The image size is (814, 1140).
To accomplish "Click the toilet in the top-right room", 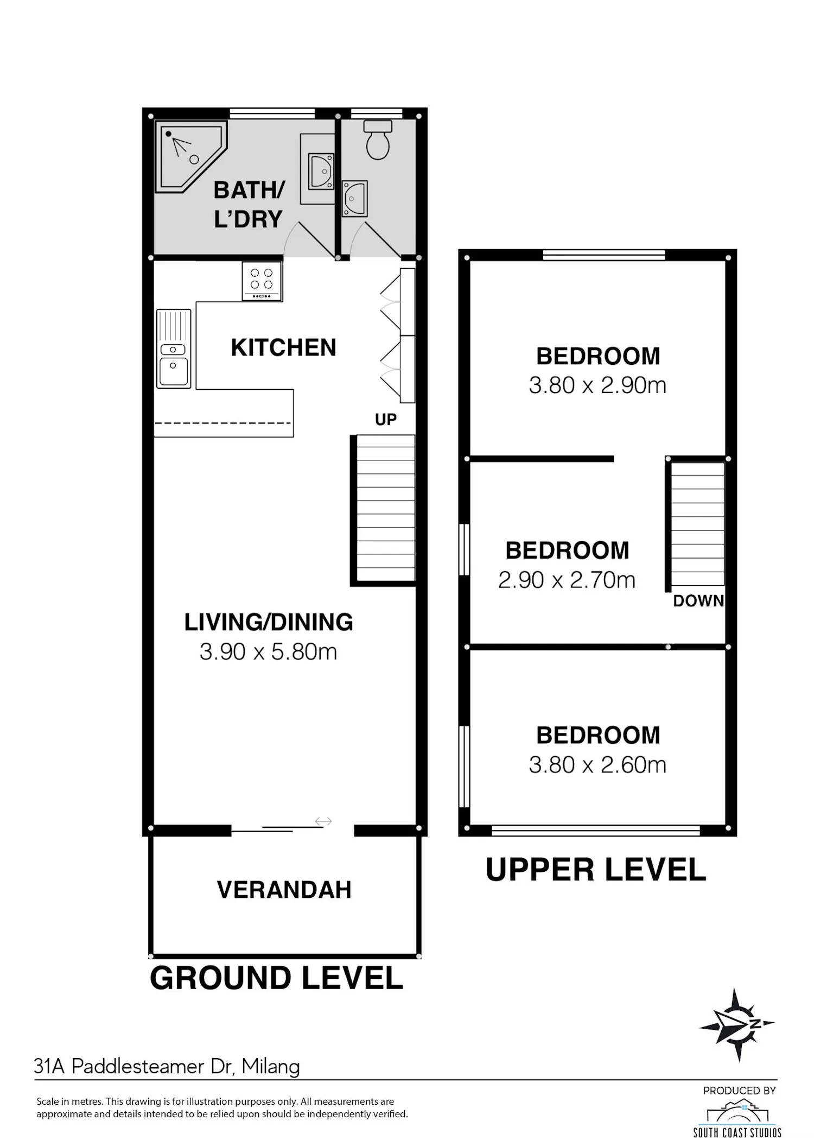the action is tap(378, 140).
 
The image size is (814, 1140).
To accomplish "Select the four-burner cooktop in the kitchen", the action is tap(262, 281).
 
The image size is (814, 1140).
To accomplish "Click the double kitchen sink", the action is tap(174, 349).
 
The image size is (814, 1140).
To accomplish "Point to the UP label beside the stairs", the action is tap(386, 420).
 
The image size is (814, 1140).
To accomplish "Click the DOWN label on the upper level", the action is tap(698, 601).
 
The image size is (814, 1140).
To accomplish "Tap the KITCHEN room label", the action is tap(284, 347).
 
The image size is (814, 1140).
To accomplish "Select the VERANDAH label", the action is tap(284, 890).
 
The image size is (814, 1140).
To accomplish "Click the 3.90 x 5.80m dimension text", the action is tap(269, 652).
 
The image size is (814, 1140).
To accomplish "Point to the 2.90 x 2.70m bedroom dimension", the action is tap(567, 580).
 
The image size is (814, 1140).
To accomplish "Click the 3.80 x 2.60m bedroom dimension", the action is tap(597, 765).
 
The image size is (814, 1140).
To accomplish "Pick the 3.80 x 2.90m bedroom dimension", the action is tap(597, 385).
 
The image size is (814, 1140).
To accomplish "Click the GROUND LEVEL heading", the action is tap(276, 978).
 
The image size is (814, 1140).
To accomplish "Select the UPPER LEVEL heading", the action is tap(596, 870).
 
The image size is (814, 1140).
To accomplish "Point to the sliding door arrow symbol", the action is tap(323, 821).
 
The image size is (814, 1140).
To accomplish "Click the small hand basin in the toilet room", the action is tap(355, 199).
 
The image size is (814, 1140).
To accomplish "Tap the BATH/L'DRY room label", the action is tap(249, 205).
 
